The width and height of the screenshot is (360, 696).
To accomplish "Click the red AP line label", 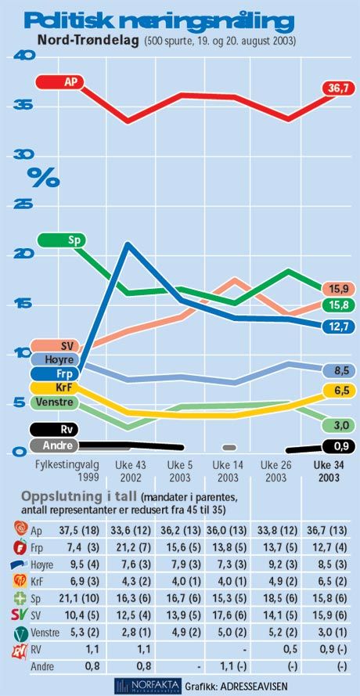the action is coord(59,82).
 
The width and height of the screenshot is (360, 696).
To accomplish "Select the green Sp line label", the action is coord(62,240).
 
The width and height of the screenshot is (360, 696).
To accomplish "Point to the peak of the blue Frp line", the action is coord(128,244).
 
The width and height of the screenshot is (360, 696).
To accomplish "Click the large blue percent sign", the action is coord(43,178).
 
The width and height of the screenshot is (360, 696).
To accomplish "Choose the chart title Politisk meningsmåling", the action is coord(159,22).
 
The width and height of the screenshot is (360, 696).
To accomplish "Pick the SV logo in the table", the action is coord(20,615).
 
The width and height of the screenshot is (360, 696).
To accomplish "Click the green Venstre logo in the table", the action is coord(20,633).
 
